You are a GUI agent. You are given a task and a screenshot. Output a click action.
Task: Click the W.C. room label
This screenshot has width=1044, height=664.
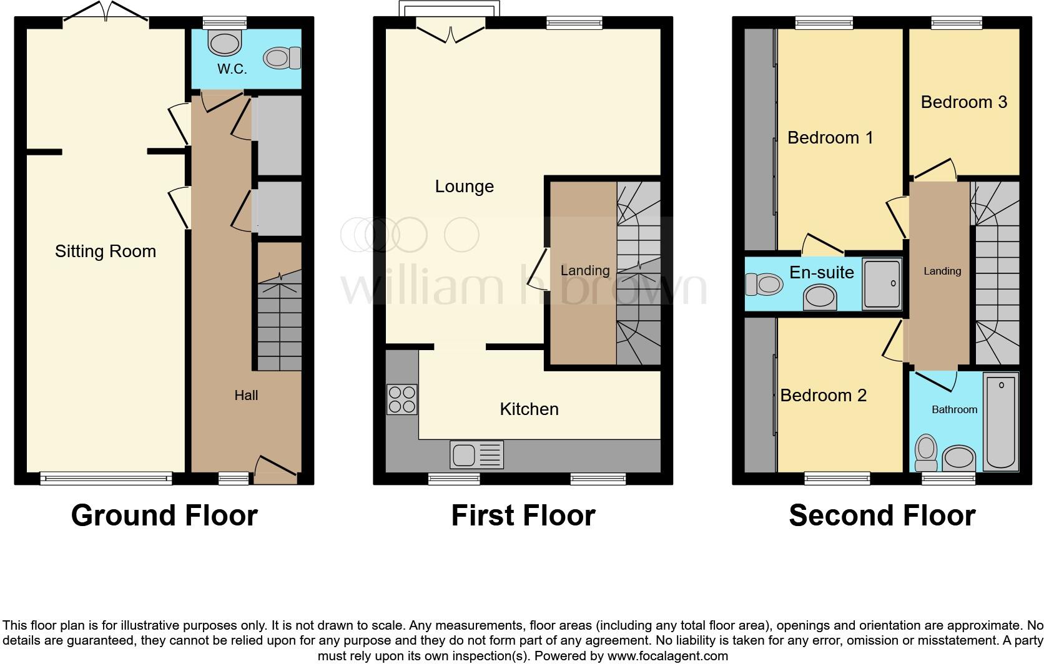tap(232, 69)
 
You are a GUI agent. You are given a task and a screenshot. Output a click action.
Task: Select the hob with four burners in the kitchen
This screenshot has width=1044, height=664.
tap(401, 399)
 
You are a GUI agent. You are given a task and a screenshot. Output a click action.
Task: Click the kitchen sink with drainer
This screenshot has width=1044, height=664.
tap(476, 455)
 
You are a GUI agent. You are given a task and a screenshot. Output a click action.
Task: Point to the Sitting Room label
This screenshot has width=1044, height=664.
tap(105, 251)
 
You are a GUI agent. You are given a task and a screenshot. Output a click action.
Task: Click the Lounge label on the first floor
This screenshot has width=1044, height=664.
tap(464, 187)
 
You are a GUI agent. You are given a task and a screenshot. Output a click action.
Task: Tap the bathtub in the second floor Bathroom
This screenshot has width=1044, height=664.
tap(1000, 421)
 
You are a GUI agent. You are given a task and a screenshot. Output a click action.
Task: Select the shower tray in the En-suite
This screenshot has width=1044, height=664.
tap(882, 284)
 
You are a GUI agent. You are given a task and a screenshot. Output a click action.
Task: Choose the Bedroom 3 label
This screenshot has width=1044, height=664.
tap(963, 102)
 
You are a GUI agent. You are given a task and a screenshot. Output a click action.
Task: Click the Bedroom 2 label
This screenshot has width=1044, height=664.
tap(823, 395)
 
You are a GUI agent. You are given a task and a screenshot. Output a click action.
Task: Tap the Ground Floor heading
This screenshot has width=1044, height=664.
tap(164, 515)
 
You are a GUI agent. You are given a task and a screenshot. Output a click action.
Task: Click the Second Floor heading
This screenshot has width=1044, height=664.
tap(882, 515)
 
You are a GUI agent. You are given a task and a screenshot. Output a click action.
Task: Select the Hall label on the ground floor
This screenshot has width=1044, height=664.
tap(246, 395)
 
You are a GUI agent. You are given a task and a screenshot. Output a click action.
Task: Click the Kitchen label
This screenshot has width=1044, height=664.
tap(529, 409)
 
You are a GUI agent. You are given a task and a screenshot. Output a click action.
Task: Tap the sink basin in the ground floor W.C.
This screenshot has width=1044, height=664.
tap(225, 43)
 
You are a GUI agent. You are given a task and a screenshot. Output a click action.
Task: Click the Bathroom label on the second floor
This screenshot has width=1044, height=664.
tap(954, 409)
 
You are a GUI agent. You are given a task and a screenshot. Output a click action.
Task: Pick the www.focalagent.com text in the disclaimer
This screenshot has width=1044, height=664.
tap(667, 656)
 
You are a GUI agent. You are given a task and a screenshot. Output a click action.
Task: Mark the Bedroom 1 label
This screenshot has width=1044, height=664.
tap(830, 138)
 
